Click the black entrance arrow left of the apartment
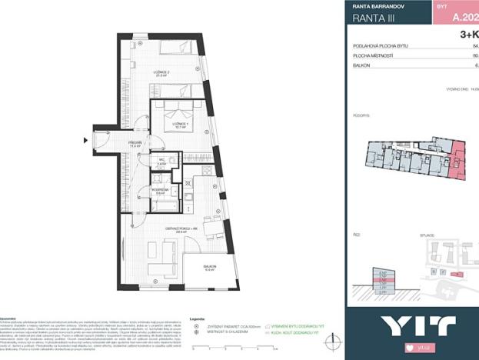click(86, 140)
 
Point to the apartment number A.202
click(464, 15)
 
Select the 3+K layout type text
click(468, 35)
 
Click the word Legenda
click(196, 317)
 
